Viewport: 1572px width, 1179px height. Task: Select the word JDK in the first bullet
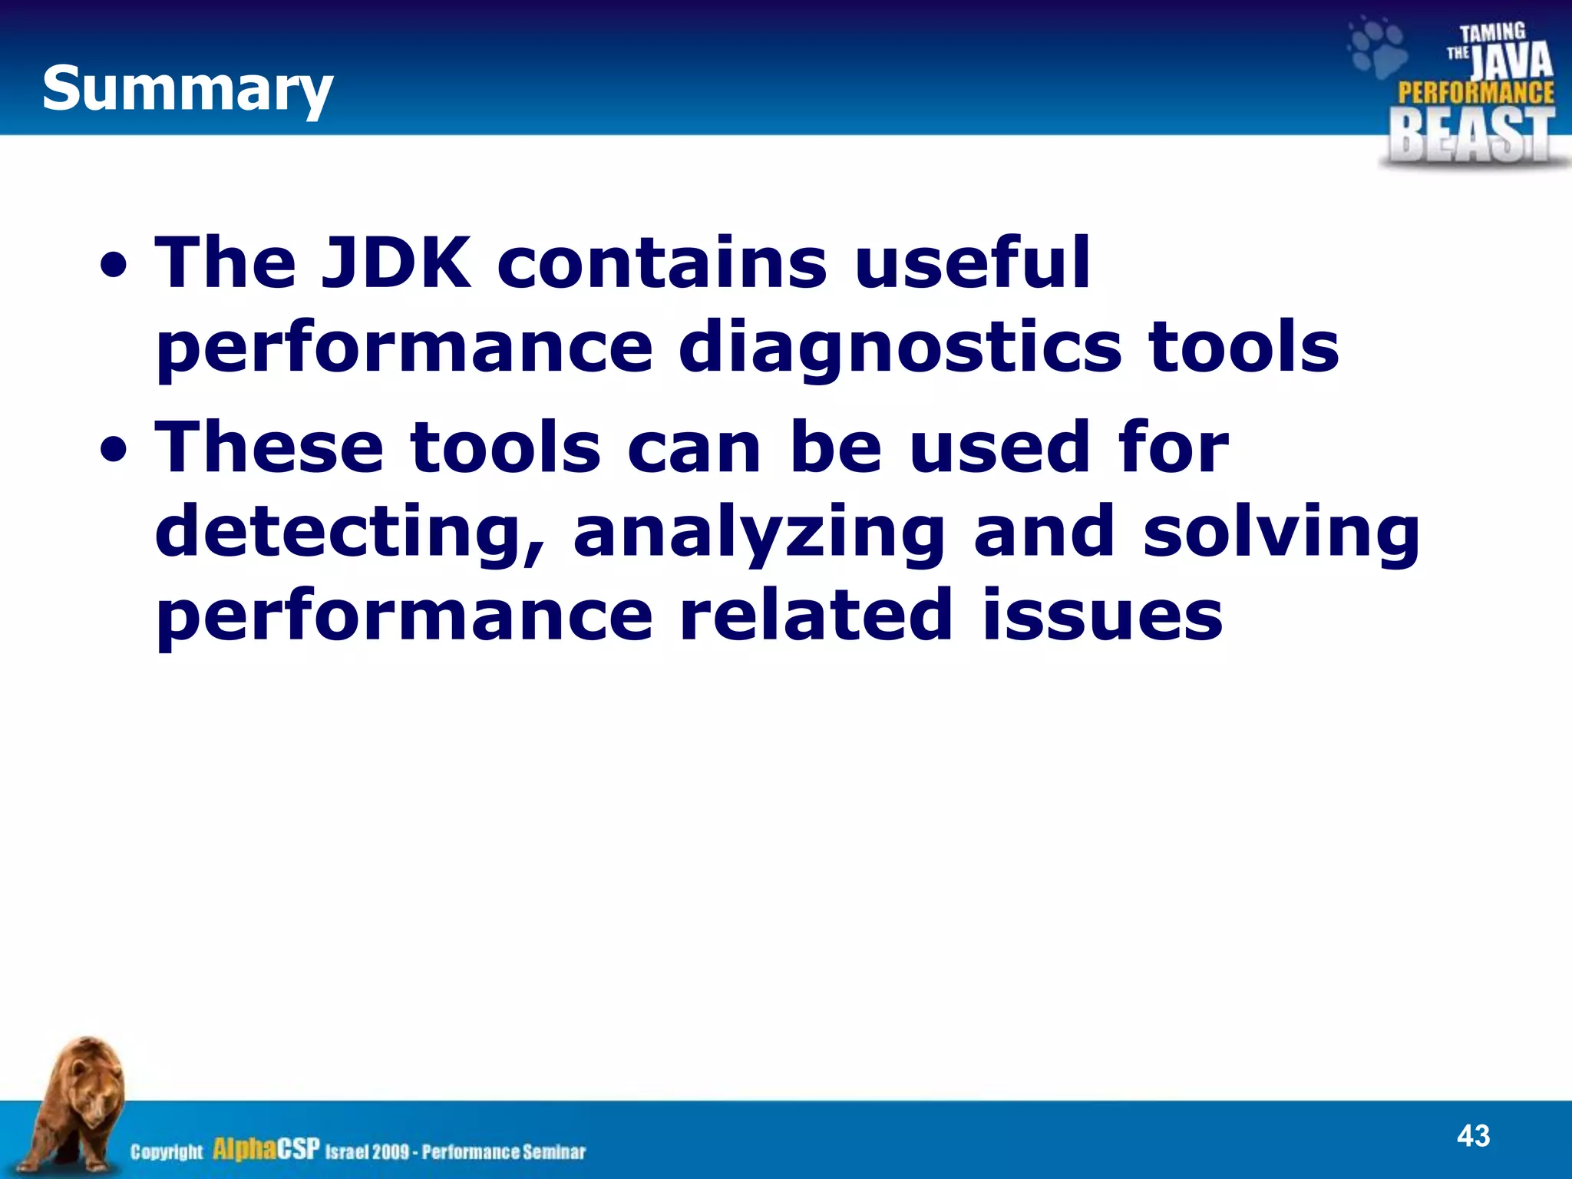396,263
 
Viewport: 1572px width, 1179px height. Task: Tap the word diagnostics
900,347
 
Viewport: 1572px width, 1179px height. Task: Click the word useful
972,263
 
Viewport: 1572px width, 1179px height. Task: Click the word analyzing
759,531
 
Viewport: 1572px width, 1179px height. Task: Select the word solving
1281,531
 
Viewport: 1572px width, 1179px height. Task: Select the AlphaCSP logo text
266,1149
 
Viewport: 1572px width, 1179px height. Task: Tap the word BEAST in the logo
1471,135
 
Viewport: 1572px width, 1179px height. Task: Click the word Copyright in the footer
167,1152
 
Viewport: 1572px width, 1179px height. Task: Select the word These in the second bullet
269,447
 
